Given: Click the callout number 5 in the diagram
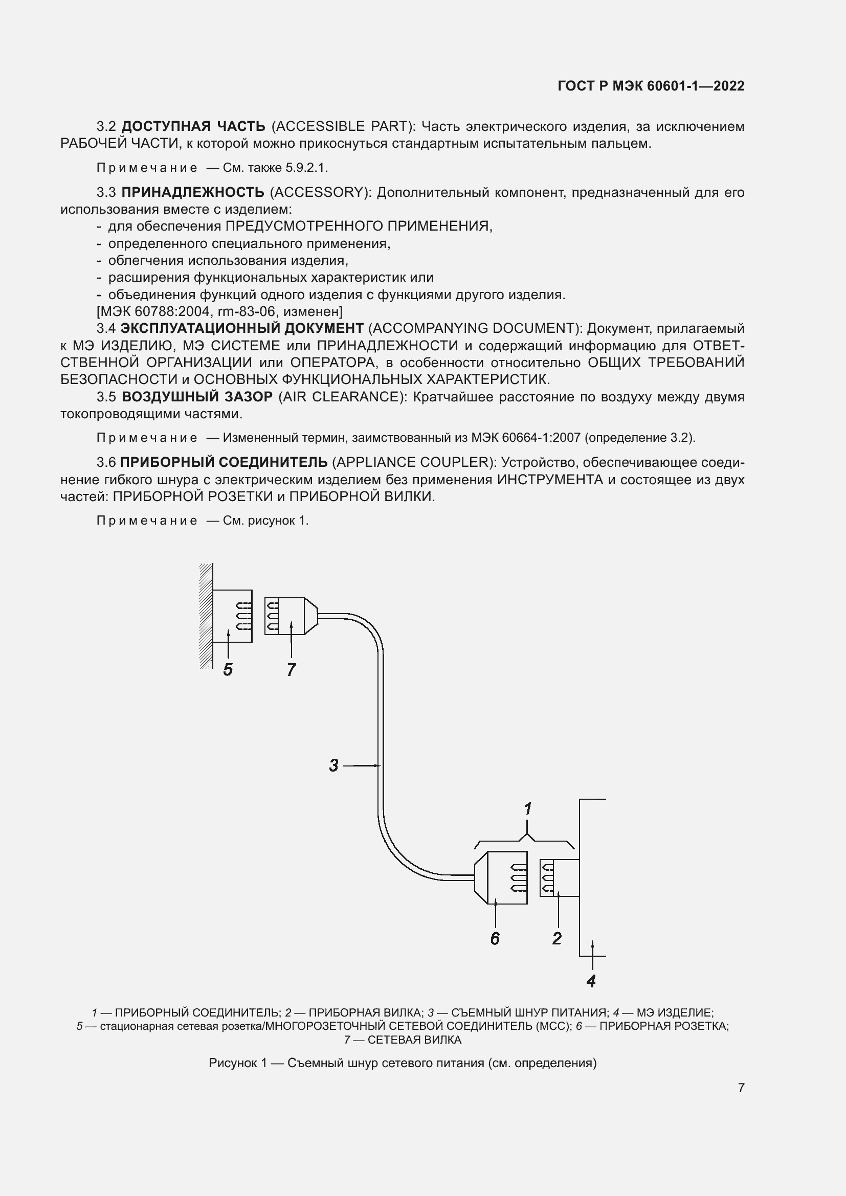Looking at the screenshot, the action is (x=228, y=669).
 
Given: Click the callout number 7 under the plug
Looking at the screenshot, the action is (x=291, y=669).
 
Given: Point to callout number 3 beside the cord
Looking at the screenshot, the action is (x=334, y=765).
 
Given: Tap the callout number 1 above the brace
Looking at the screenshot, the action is (x=528, y=809).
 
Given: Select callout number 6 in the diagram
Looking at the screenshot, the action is (x=495, y=938).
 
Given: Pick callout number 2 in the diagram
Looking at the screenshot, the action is (x=557, y=938).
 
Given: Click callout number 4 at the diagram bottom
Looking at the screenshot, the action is (x=591, y=981).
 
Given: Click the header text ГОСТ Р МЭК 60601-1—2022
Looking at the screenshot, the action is (x=651, y=86).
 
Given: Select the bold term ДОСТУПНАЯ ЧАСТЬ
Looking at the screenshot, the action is (x=193, y=126).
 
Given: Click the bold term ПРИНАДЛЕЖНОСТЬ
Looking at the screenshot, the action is (x=193, y=193).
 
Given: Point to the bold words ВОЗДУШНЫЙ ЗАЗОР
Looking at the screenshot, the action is (x=197, y=397).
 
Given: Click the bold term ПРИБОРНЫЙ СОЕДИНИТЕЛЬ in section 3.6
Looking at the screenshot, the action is (x=224, y=462).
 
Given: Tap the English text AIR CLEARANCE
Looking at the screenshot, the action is (x=341, y=397).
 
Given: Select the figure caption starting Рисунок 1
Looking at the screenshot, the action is (x=402, y=1063).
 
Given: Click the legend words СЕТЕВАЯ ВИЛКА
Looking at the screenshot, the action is (x=414, y=1040).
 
